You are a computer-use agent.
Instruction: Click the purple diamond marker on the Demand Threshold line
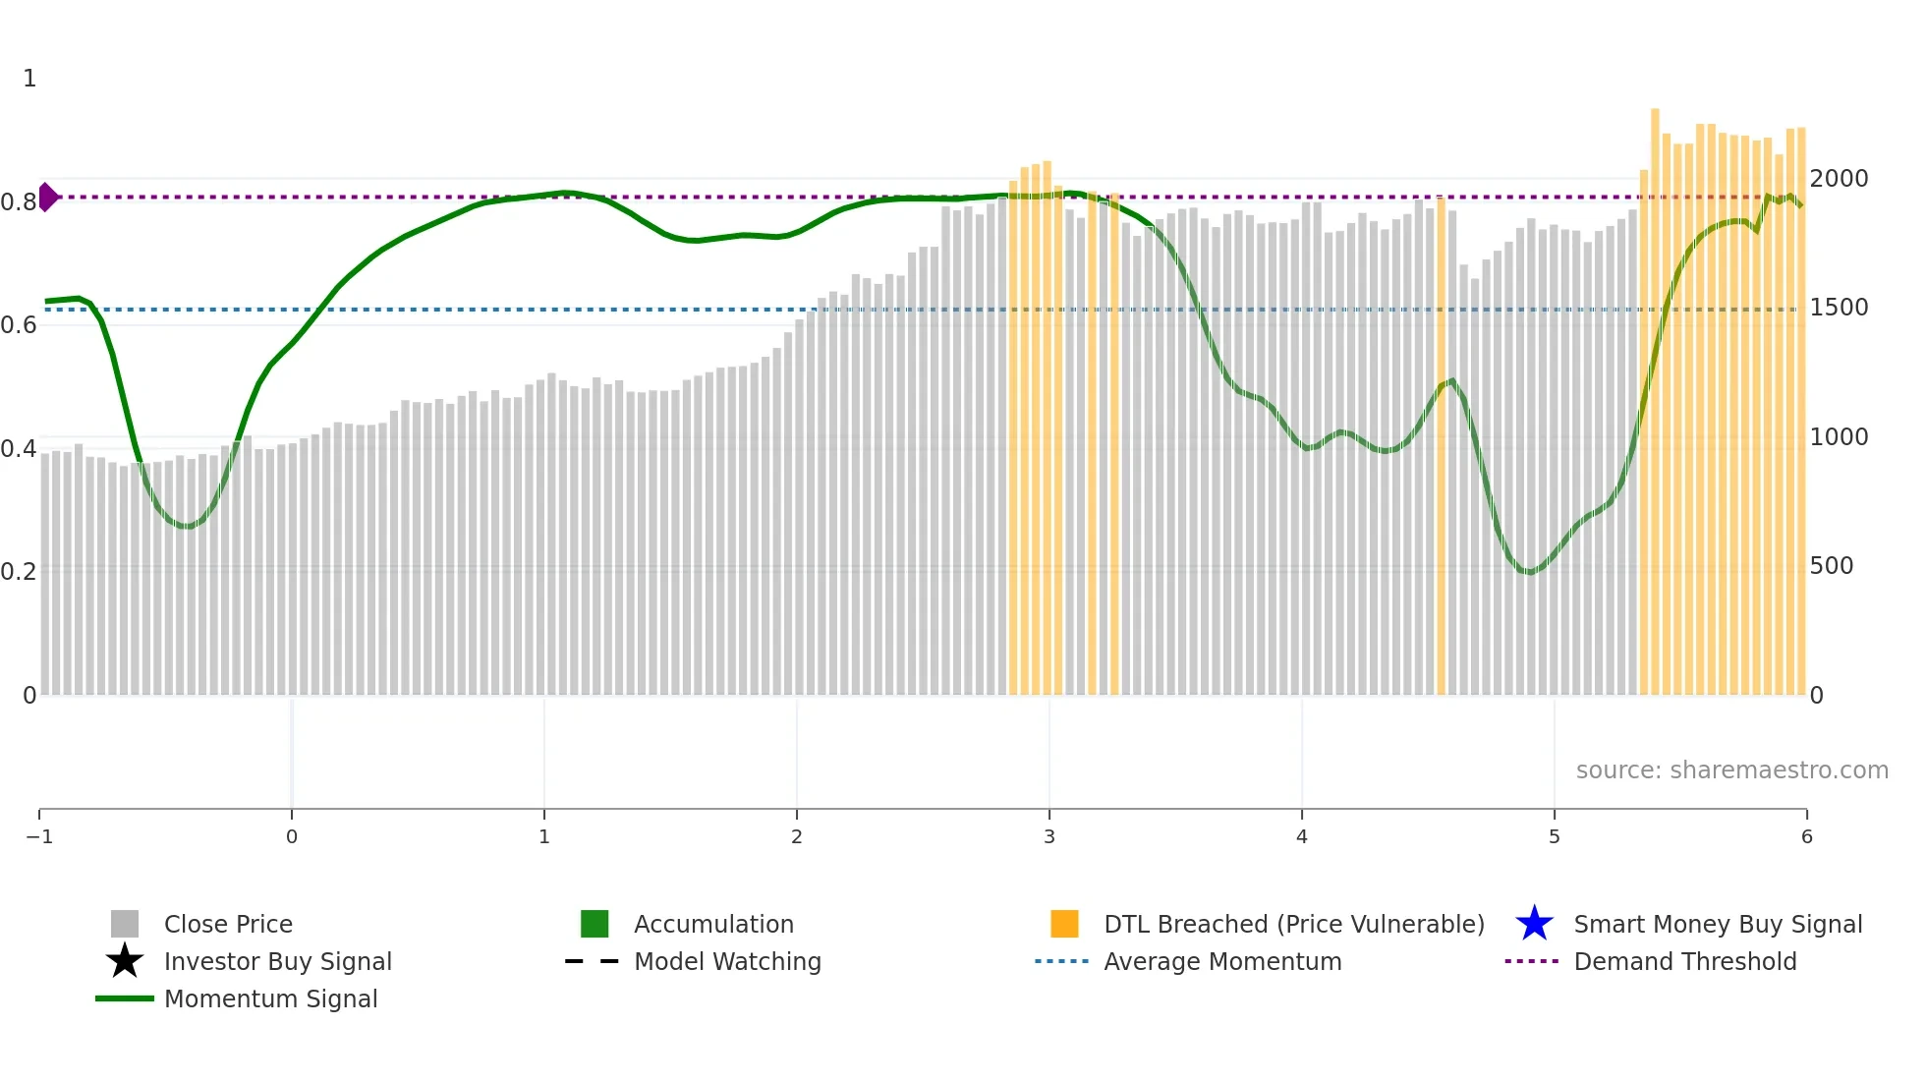(x=48, y=197)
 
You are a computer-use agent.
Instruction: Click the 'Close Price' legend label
(x=228, y=924)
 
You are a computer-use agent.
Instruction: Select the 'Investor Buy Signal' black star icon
(x=125, y=961)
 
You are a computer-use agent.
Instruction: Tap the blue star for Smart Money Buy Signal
(x=1534, y=924)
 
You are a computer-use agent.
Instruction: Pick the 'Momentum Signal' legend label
(x=270, y=998)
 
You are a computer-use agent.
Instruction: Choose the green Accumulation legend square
(x=595, y=924)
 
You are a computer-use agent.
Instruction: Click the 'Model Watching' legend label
(x=727, y=961)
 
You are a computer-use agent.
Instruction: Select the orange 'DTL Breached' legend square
(x=1064, y=924)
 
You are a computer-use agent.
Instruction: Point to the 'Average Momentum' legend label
(x=1222, y=961)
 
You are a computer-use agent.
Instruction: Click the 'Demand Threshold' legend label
(x=1684, y=961)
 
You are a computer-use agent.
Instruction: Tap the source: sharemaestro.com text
(x=1731, y=769)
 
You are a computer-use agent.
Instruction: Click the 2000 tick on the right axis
(x=1839, y=178)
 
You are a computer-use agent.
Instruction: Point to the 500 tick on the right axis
(x=1832, y=565)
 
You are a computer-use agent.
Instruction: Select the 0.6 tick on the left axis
(x=19, y=324)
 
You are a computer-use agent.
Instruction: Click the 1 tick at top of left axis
(x=29, y=78)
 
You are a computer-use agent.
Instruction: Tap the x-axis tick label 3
(x=1049, y=836)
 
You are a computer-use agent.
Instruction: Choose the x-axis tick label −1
(x=39, y=836)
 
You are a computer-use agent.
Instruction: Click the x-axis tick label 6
(x=1806, y=836)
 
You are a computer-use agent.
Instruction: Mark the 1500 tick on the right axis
(x=1839, y=307)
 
